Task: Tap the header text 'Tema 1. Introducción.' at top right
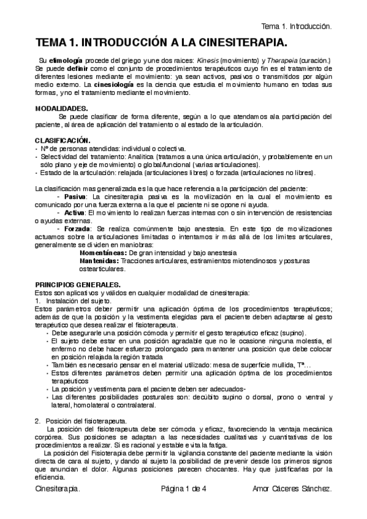point(297,27)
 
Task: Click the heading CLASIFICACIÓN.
point(63,141)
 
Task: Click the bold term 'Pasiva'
point(75,196)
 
